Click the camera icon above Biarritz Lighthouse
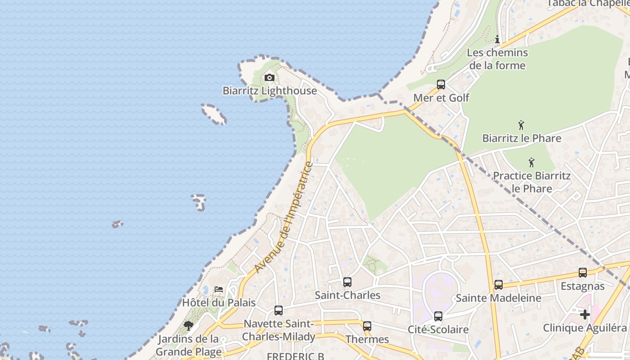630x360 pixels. (x=269, y=78)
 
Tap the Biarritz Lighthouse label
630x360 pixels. (x=270, y=91)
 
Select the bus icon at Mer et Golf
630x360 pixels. (x=441, y=85)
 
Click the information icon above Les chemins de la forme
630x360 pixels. (x=497, y=40)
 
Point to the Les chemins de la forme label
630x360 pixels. (x=497, y=59)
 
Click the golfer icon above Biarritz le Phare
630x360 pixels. (x=521, y=125)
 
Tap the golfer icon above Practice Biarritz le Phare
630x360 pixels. (x=531, y=162)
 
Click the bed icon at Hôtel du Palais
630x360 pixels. (x=219, y=289)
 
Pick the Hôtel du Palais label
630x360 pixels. (x=219, y=303)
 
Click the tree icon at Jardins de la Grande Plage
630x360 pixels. (x=189, y=325)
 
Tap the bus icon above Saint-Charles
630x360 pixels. (x=347, y=282)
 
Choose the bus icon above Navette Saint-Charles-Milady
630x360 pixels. (x=279, y=310)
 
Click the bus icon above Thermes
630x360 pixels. (x=367, y=326)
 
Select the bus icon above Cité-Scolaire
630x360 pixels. (x=438, y=316)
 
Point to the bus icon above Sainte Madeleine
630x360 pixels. (x=498, y=285)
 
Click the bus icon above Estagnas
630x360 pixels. (x=582, y=273)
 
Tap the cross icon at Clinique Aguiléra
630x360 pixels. (x=585, y=315)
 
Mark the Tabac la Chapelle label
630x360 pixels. (x=587, y=4)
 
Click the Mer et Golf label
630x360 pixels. (x=441, y=98)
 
